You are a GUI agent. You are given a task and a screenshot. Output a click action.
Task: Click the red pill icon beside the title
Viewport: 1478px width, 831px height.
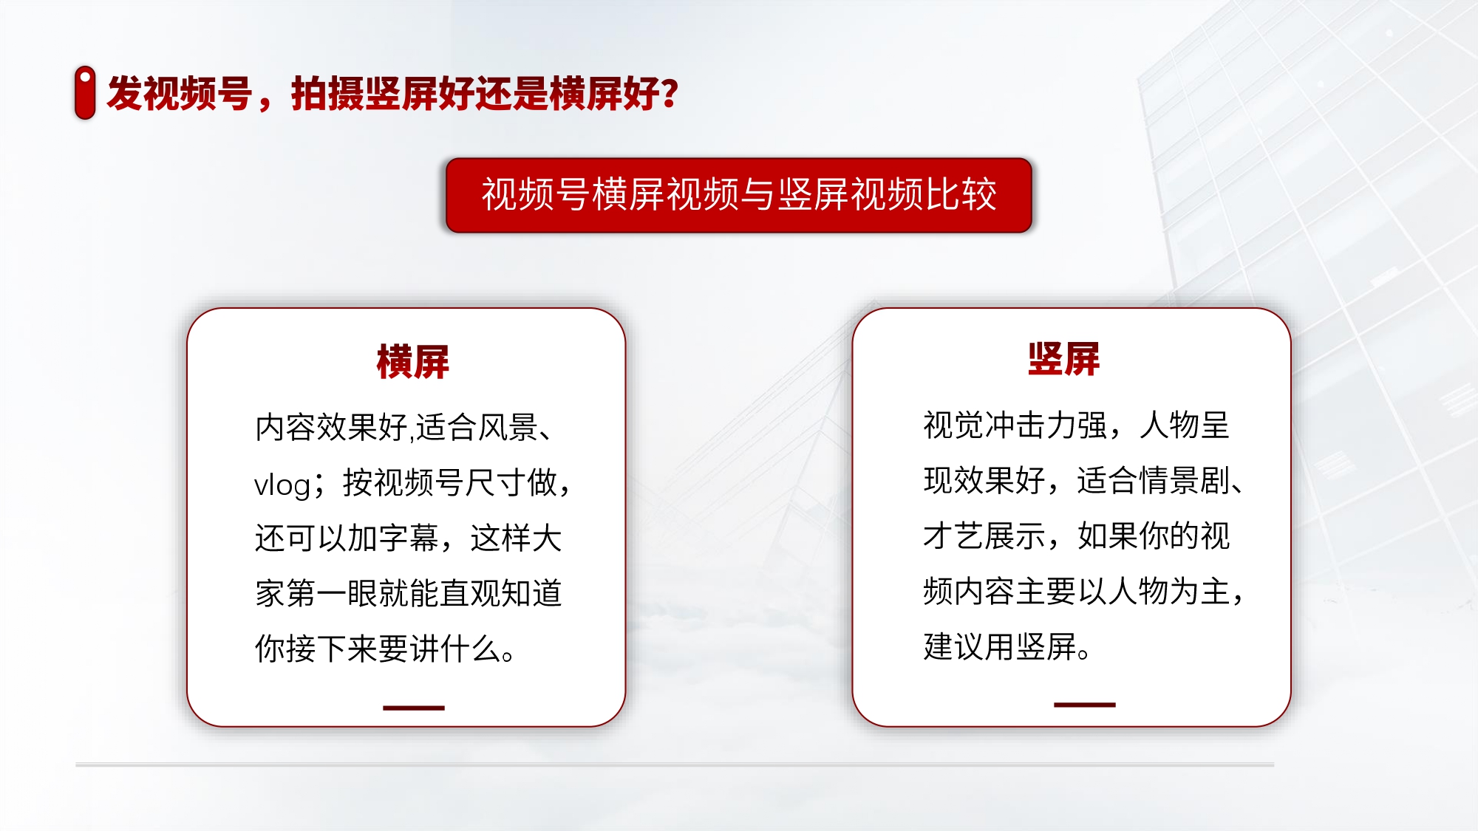(85, 92)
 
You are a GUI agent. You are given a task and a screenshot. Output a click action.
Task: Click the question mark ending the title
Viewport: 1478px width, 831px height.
(670, 93)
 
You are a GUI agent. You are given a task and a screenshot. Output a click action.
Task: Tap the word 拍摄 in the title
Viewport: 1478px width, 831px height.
(327, 93)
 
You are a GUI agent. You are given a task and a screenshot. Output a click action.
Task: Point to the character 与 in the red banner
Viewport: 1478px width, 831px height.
(758, 194)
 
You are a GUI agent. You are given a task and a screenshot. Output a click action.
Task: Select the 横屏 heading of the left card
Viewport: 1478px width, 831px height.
(413, 362)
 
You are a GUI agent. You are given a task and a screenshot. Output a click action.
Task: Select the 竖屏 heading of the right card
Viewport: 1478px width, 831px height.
(1063, 359)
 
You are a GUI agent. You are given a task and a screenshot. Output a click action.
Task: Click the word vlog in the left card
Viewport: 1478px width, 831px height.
(282, 485)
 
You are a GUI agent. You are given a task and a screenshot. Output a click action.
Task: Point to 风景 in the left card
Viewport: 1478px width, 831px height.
(508, 427)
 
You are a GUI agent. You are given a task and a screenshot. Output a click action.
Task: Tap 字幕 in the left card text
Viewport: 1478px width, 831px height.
(409, 538)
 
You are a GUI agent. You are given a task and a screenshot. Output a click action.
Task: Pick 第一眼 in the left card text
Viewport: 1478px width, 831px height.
(331, 593)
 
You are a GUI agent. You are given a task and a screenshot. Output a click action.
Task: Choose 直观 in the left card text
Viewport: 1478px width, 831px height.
(470, 593)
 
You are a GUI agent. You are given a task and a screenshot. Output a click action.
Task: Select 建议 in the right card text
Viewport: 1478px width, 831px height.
(954, 646)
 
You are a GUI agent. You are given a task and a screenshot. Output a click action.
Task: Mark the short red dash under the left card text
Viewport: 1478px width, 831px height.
(414, 708)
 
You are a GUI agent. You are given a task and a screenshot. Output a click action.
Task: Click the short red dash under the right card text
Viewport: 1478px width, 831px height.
(1085, 705)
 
